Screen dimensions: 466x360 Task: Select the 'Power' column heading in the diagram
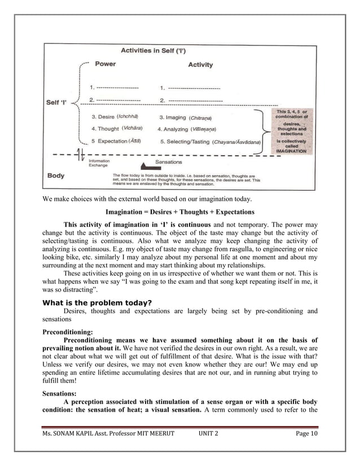click(106, 64)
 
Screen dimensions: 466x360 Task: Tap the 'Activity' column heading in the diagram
click(200, 64)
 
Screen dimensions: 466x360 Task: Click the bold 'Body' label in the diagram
click(56, 175)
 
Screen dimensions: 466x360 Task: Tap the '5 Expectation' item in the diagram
click(116, 140)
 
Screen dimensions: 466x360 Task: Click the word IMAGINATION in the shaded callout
click(291, 151)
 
